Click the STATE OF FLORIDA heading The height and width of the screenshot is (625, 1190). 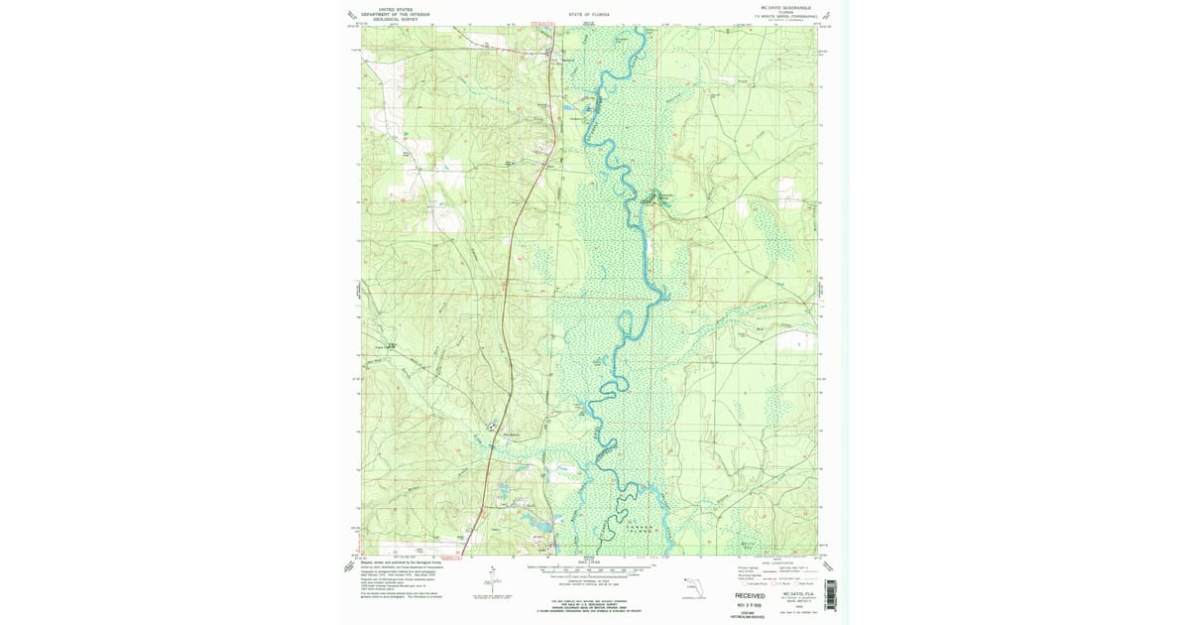(589, 16)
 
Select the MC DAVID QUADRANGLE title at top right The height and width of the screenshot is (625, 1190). (785, 7)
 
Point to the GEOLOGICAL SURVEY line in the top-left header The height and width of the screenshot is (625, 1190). (387, 18)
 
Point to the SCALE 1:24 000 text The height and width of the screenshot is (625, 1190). (589, 562)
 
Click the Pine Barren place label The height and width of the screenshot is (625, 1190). (512, 433)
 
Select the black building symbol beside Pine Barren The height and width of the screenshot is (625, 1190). (490, 428)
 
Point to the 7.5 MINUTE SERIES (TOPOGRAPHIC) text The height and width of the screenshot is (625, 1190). (790, 17)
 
